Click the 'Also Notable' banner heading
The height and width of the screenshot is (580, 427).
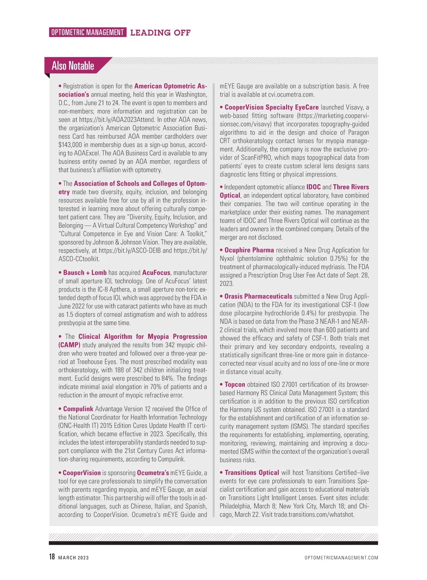[73, 66]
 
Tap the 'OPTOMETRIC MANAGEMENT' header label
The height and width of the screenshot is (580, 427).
[88, 32]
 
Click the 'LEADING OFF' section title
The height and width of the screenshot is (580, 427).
[160, 33]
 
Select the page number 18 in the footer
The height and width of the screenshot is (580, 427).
[52, 557]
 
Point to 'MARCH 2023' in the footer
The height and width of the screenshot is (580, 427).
[73, 558]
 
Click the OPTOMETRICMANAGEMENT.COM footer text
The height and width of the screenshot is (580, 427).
[341, 558]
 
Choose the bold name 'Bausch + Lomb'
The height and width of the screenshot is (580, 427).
[85, 273]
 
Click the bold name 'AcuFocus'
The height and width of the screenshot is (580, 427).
[156, 273]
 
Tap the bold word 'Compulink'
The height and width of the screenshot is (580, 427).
[78, 409]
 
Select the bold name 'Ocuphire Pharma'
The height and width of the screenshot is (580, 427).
[249, 250]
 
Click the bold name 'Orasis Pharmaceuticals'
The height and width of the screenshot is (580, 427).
[258, 296]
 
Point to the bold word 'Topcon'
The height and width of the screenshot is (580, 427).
[235, 384]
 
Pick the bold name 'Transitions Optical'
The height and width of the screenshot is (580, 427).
[252, 473]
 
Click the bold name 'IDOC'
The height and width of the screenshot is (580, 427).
[313, 187]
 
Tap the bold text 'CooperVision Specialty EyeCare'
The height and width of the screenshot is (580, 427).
[272, 107]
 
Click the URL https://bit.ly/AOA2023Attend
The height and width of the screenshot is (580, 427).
[117, 120]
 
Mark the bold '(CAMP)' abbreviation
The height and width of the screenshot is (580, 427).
[69, 345]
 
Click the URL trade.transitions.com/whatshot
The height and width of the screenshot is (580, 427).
[314, 515]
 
